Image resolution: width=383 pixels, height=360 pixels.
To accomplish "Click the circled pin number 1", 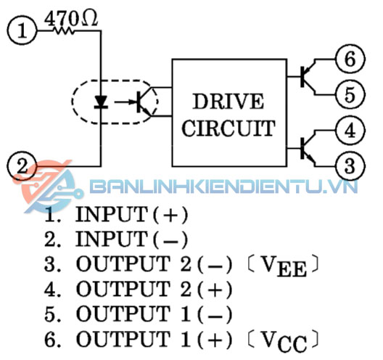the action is click(x=22, y=30).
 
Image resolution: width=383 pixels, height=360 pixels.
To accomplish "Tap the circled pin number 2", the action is click(x=22, y=166).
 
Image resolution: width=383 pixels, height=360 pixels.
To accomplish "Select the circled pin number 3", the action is click(x=350, y=166).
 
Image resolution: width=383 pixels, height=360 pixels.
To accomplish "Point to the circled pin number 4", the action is click(x=350, y=131).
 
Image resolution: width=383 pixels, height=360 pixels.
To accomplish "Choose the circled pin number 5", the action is click(x=350, y=94).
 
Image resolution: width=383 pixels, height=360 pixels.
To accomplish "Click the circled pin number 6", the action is click(x=350, y=59).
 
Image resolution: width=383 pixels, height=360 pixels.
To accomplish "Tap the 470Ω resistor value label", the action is click(x=71, y=19).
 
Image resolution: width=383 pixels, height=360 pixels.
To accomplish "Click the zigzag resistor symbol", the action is click(x=64, y=30).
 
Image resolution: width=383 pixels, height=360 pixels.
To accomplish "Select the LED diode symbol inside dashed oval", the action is click(x=101, y=102).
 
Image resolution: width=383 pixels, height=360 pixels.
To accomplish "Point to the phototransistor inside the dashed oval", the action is click(x=144, y=102).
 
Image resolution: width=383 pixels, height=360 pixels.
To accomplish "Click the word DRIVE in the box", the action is click(x=228, y=102).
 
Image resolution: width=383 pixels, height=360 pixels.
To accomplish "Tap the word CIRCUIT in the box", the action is click(x=228, y=128).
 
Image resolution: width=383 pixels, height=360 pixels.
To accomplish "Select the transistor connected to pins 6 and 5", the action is click(x=308, y=76).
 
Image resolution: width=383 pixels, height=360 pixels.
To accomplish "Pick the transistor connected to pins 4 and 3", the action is click(x=308, y=148).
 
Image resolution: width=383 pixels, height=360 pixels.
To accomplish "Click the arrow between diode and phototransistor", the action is click(x=125, y=102).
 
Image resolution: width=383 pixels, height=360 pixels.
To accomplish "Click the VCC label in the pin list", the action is click(x=284, y=341).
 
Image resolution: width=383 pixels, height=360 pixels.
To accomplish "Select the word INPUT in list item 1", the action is click(x=112, y=214).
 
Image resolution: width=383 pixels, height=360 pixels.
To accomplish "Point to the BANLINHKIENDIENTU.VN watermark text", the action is click(x=223, y=187).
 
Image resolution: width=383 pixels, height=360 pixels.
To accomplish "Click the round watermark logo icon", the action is click(x=48, y=187).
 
